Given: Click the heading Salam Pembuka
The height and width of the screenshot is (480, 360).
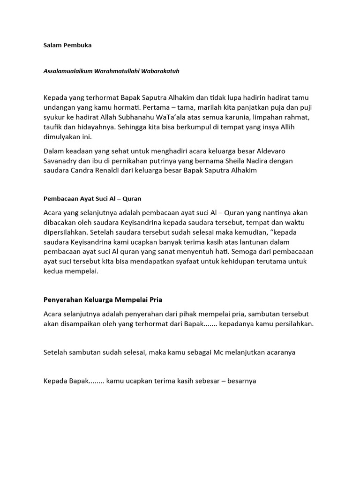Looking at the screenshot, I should click(x=67, y=45).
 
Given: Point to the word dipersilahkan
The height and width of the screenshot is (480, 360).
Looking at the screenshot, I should click(x=66, y=231).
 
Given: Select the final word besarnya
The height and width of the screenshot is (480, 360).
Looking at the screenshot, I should click(x=242, y=381).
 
